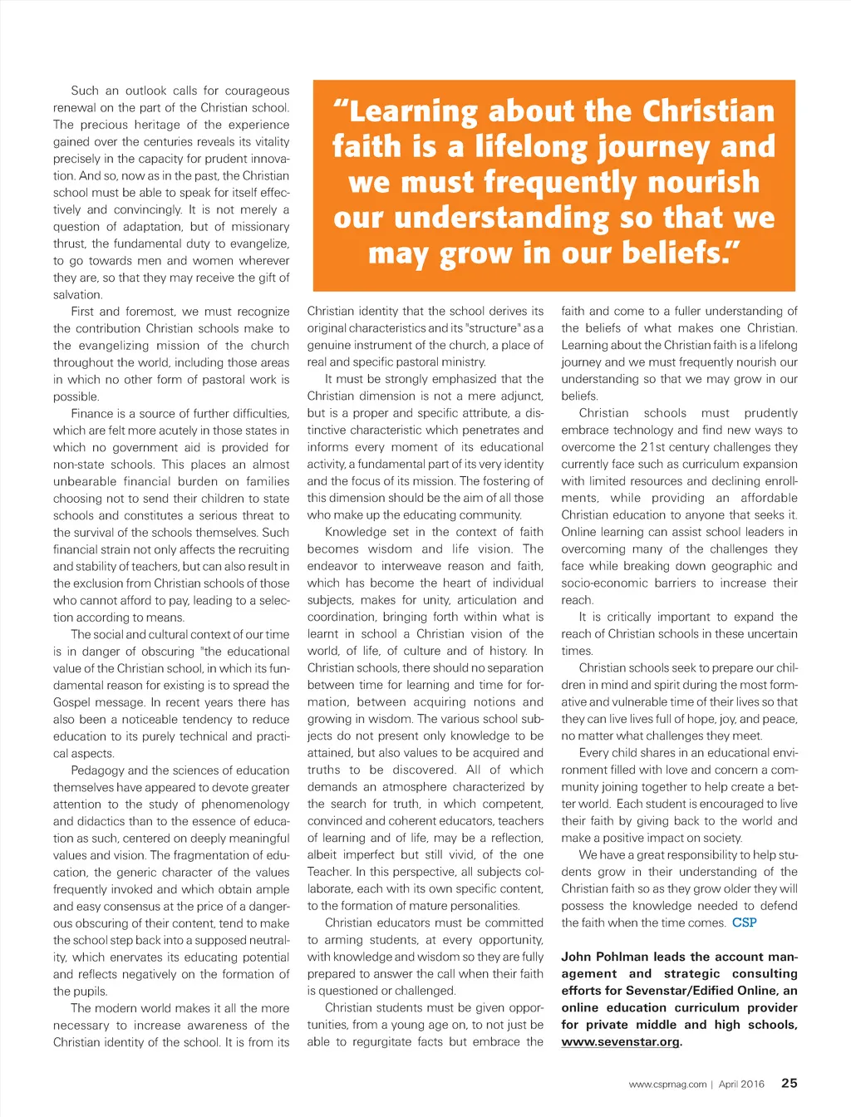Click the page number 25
click(789, 1083)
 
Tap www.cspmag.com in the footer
click(667, 1084)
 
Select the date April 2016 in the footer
click(741, 1084)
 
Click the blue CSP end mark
click(744, 923)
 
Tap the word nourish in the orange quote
click(704, 182)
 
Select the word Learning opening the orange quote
click(406, 111)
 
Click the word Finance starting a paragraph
click(92, 414)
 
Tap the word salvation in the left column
click(78, 295)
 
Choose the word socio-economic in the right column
click(604, 583)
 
